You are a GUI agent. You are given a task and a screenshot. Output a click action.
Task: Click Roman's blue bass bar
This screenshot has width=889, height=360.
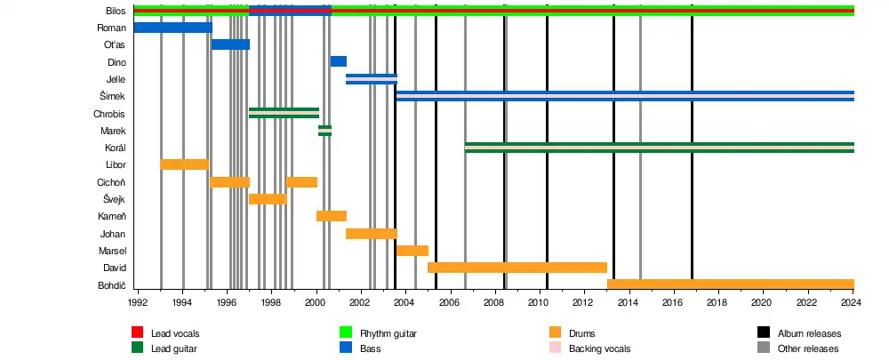coord(172,28)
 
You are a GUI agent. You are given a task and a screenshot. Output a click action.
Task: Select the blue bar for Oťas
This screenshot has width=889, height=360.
coord(230,44)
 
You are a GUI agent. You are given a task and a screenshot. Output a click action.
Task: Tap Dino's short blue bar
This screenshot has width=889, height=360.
coord(338,61)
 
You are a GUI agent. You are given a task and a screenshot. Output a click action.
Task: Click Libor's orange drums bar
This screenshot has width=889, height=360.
coord(184,164)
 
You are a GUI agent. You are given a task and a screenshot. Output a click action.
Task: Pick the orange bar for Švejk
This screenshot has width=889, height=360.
coord(267,199)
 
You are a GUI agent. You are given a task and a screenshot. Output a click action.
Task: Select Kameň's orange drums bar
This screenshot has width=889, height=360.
coord(331,216)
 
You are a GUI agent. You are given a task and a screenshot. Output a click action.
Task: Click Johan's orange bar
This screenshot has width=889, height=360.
coord(371,234)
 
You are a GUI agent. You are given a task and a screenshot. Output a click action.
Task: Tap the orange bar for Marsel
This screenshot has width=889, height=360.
coord(412,251)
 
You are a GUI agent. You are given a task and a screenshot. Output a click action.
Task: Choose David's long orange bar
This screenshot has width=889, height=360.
coord(517,268)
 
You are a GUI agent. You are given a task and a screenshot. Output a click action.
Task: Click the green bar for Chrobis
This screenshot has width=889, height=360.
coord(284,113)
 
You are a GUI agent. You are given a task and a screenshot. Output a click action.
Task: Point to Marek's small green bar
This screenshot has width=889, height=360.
coord(324,131)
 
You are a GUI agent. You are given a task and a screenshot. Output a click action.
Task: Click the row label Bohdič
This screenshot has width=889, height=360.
coord(111,285)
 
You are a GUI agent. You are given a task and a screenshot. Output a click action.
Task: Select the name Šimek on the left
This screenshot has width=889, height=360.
coord(113,97)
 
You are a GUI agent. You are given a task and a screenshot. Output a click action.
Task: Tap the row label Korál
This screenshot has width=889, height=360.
coord(114,148)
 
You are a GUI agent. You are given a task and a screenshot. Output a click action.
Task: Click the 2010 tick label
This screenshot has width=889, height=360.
coord(538,302)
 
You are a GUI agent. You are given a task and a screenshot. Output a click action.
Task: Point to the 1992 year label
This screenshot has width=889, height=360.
coord(137,302)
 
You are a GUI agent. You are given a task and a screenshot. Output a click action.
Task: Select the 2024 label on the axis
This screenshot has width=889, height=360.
coord(851,302)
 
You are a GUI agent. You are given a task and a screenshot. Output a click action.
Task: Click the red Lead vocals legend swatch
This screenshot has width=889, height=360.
coord(138,333)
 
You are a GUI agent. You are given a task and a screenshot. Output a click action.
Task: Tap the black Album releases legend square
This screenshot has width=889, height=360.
coord(762,333)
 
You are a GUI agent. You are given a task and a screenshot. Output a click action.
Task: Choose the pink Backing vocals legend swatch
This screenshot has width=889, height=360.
coord(557,348)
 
